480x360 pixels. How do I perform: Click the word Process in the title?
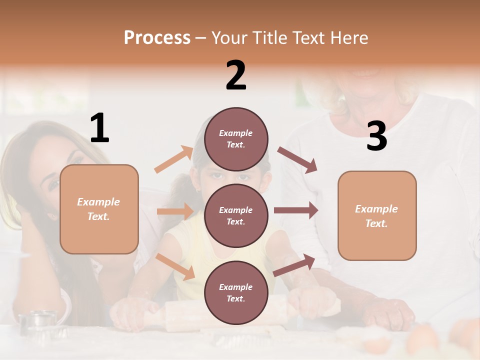157,37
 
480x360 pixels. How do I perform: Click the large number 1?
99,128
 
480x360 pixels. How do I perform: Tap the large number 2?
236,75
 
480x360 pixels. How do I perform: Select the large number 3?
376,136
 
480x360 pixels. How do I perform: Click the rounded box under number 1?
99,209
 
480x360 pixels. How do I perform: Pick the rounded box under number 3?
377,215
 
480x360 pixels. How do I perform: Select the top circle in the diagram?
236,139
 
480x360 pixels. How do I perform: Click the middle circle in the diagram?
236,215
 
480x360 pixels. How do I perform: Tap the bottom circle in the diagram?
236,292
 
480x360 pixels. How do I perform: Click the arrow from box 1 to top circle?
174,159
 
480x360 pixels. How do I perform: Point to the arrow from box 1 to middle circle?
175,211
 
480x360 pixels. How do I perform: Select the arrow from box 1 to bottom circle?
175,266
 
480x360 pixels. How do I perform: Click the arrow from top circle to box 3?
297,160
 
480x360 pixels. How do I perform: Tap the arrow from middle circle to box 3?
295,210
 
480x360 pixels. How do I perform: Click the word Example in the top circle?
236,133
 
